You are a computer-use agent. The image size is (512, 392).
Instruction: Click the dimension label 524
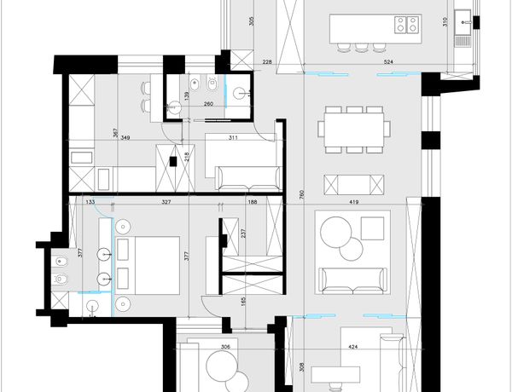388,61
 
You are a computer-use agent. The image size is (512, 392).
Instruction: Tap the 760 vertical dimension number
302,194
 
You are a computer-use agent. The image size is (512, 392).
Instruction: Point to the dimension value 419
353,202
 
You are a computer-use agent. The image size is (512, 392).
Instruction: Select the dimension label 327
166,202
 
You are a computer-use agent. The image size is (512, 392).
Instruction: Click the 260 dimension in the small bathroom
208,104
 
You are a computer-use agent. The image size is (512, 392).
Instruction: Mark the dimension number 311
233,137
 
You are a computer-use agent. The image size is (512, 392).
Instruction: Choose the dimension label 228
267,62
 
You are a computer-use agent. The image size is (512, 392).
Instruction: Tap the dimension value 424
353,347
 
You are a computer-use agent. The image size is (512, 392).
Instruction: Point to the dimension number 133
90,202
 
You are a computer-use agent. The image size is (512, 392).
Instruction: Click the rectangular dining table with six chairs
354,130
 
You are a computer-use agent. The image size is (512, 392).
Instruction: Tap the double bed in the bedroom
148,266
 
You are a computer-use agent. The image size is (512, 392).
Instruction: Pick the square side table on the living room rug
373,228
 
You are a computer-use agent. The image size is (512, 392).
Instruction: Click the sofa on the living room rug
352,280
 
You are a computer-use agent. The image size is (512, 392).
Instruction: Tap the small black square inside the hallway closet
173,161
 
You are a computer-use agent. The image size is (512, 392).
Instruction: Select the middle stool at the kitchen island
361,47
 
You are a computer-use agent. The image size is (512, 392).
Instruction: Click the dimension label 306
225,347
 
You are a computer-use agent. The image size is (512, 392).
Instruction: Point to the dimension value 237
243,233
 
